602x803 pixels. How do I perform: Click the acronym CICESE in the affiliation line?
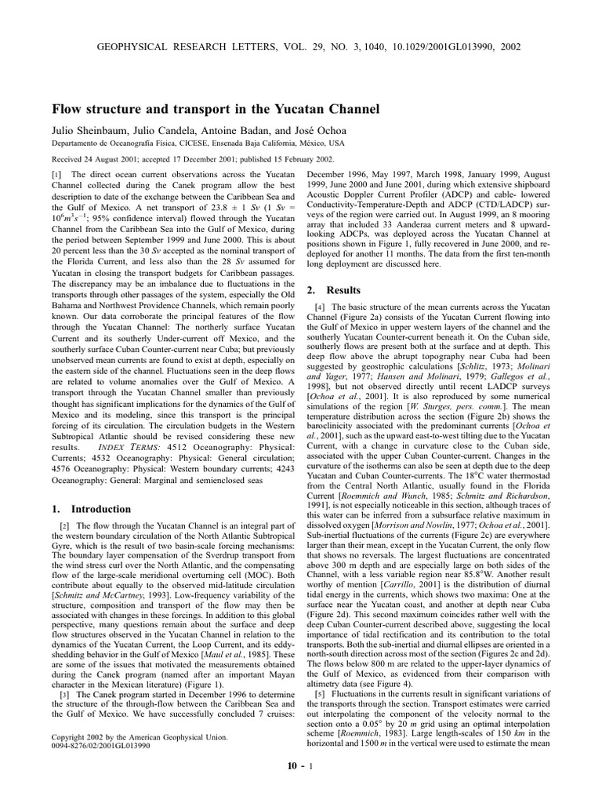pos(188,144)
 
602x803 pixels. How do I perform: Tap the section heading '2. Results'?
pos(332,290)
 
